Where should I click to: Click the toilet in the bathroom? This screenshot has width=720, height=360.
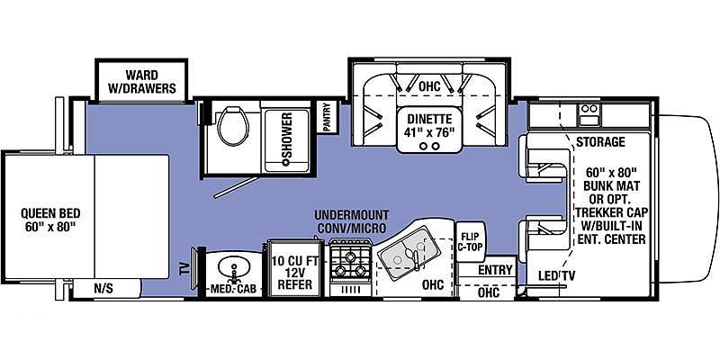(233, 125)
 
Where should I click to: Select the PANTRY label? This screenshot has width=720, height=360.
(327, 116)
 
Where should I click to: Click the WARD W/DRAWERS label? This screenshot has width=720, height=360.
(142, 81)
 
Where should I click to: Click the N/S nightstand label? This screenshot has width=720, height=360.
(103, 288)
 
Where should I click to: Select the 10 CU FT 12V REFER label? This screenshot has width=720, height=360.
(294, 273)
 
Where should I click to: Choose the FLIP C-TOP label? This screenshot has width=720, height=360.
(470, 241)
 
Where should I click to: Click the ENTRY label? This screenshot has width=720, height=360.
(494, 270)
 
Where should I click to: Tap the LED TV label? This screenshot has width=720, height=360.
(556, 275)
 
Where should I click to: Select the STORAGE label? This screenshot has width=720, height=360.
(600, 142)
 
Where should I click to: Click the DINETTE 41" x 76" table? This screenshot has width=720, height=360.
(430, 130)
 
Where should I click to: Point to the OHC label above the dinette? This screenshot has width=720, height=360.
(429, 85)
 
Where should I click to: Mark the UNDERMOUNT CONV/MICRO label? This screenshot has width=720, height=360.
(352, 221)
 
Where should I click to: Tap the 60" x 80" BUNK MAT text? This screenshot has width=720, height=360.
(611, 179)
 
